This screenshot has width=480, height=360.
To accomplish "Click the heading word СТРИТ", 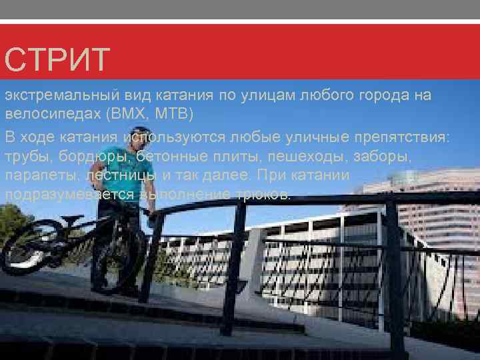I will pos(56,60).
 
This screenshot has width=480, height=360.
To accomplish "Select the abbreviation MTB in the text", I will pos(174,113).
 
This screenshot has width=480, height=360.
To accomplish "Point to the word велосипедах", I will pos(53,113).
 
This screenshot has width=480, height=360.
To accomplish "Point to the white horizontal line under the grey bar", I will pos(240,22).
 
